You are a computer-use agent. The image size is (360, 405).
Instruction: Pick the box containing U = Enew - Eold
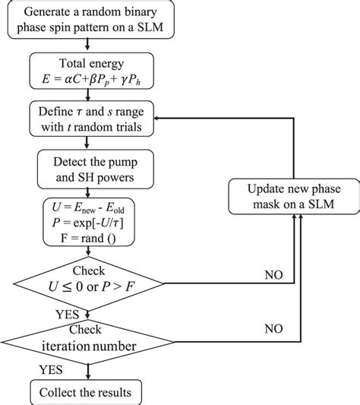point(90,221)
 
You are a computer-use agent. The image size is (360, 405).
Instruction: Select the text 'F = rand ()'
point(90,238)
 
